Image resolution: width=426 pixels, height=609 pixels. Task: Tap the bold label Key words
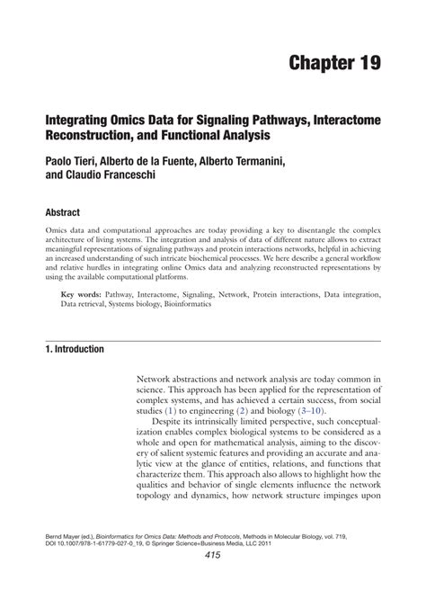[81, 294]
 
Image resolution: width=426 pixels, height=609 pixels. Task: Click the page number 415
[212, 581]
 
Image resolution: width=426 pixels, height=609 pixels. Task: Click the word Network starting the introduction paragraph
[155, 381]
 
